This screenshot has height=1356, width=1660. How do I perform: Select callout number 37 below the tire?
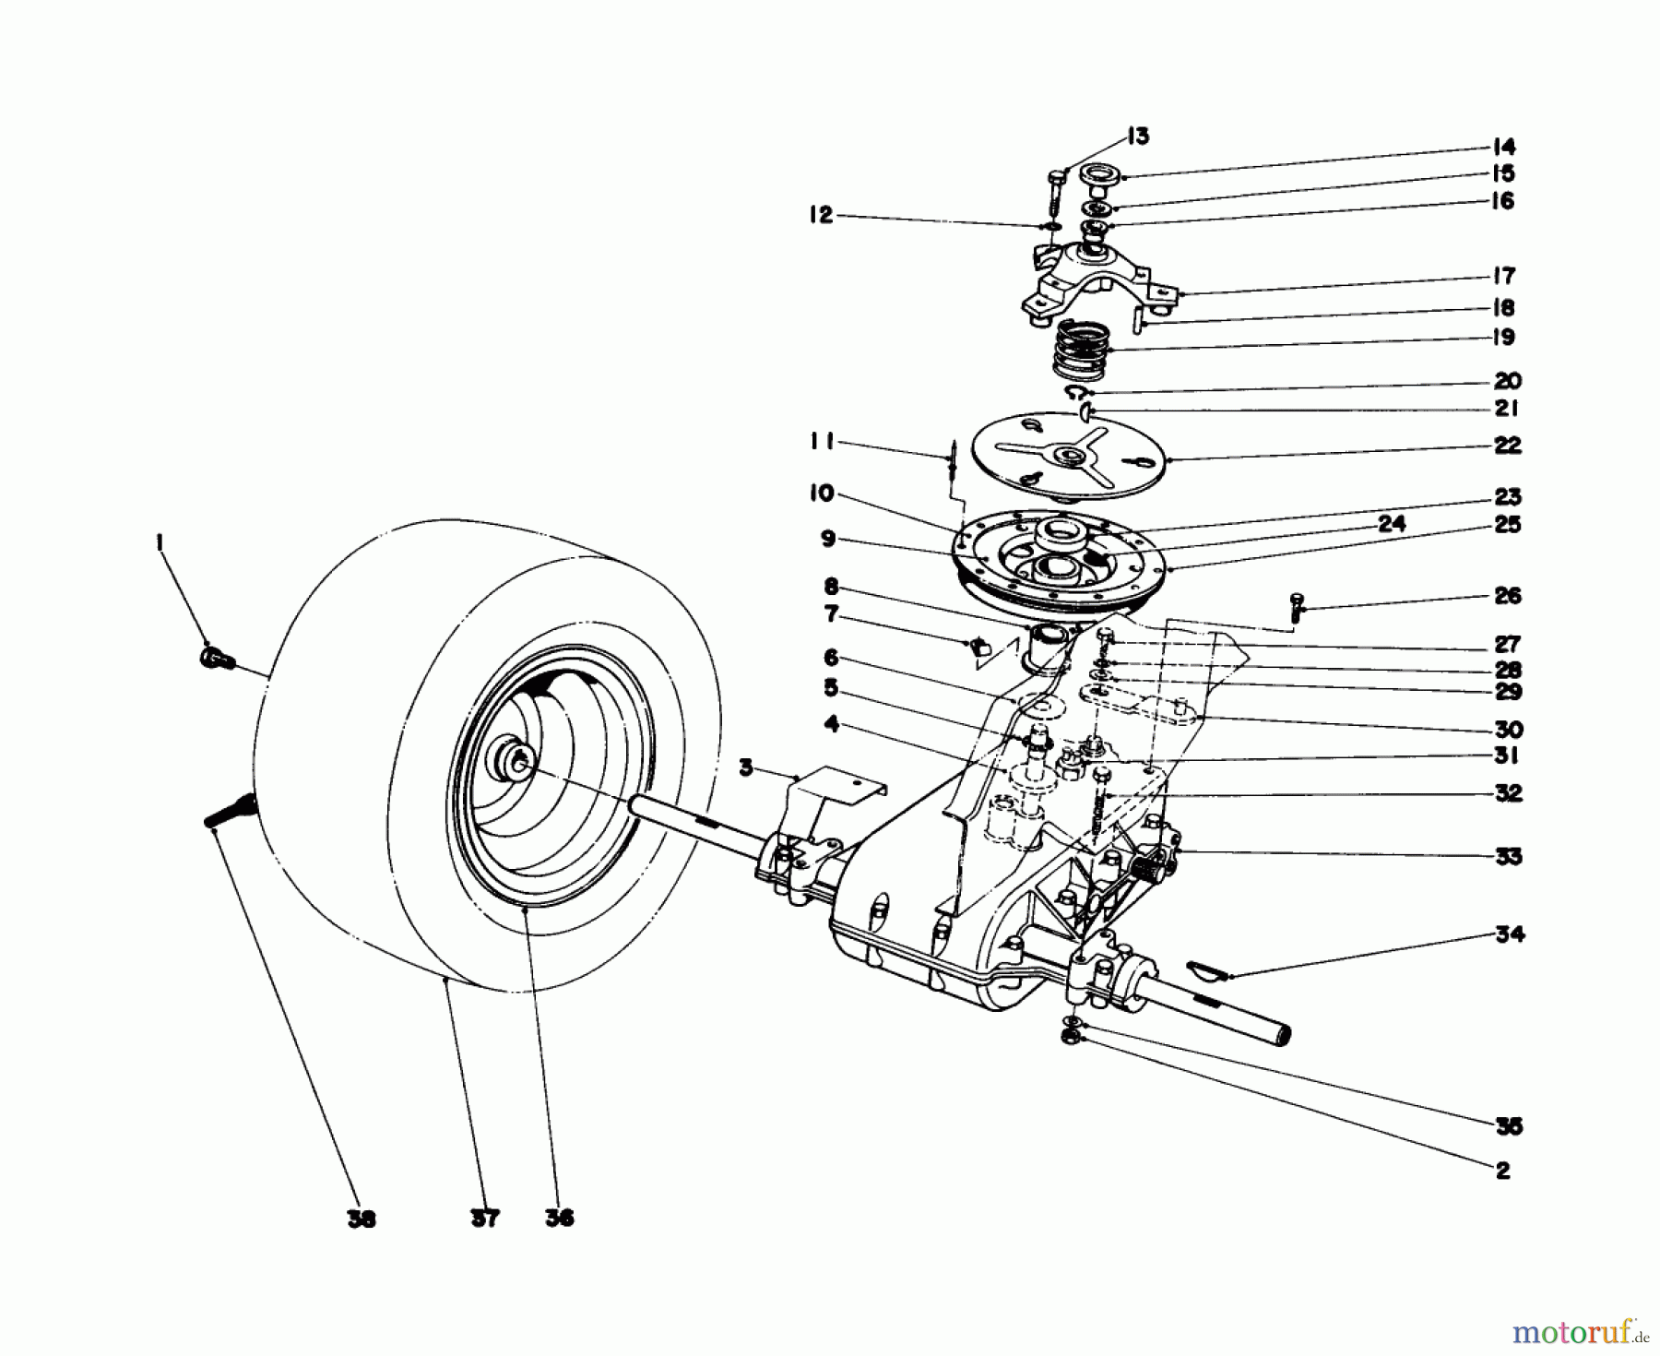(x=484, y=1219)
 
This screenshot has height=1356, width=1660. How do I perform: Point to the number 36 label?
(x=559, y=1218)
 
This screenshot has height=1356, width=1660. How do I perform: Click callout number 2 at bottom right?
(x=1502, y=1171)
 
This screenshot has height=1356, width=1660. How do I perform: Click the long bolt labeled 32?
(x=1098, y=803)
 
